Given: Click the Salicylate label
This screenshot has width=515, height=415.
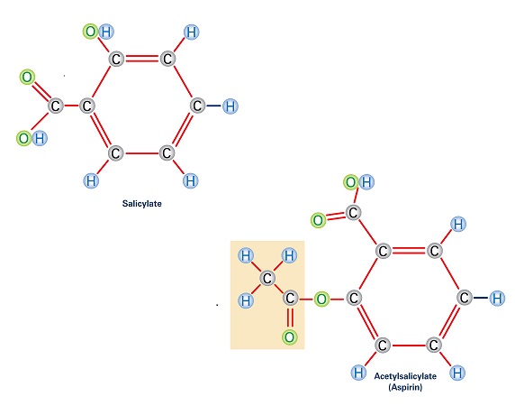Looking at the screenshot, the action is (142, 204).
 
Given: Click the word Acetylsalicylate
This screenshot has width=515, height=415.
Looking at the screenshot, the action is (405, 376).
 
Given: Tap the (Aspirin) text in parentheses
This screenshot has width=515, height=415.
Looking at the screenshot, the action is (405, 387).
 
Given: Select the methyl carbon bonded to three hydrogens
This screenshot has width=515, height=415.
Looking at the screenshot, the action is (267, 279).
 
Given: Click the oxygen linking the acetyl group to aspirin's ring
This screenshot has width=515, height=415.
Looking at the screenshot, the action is (321, 300).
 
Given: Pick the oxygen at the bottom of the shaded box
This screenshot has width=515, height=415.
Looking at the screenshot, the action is (289, 337).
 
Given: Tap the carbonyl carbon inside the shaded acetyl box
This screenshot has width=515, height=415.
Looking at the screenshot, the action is (290, 298).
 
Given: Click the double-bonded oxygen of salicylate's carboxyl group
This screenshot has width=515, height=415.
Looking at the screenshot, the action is (27, 77).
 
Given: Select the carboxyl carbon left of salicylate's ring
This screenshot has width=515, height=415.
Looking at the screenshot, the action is (55, 106).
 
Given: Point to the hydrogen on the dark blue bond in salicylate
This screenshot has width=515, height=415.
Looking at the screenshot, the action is (230, 106).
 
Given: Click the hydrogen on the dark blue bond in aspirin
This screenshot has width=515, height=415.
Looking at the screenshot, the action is (497, 298).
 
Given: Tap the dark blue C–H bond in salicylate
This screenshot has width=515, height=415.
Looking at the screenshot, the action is (213, 106).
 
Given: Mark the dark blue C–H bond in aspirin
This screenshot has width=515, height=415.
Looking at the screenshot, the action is (481, 298).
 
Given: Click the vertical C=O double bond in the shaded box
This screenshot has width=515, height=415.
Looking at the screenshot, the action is (289, 318).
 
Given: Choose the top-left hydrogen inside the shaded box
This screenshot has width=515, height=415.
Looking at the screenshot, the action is (246, 255).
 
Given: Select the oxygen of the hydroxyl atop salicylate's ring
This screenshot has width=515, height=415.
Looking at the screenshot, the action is (90, 32).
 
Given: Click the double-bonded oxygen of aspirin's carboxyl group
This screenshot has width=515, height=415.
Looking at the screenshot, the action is (318, 220).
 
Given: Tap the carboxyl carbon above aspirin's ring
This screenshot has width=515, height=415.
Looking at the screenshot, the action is (353, 212).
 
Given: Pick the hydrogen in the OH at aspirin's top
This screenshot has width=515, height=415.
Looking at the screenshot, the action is (366, 182).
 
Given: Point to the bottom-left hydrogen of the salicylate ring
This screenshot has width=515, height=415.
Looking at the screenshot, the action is (91, 180).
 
